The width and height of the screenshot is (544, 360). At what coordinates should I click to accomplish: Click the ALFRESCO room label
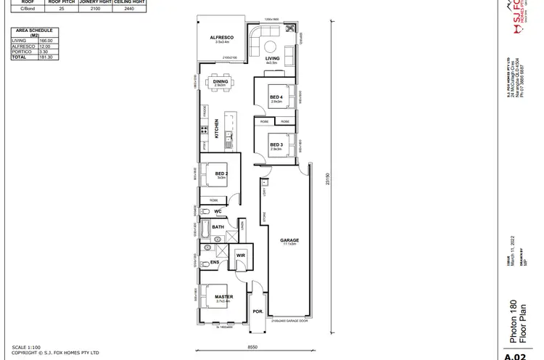(x=221, y=36)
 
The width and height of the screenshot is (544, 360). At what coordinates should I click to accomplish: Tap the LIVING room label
(x=272, y=58)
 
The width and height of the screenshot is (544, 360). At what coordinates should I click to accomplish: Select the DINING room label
(x=221, y=81)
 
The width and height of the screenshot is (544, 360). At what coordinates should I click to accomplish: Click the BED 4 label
(x=276, y=97)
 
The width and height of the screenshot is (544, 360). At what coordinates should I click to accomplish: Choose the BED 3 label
(x=276, y=144)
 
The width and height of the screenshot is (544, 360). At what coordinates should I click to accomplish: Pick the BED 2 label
(x=222, y=173)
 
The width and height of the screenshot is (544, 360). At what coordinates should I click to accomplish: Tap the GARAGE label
(x=289, y=240)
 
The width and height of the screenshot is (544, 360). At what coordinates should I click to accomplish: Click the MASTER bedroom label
(x=223, y=296)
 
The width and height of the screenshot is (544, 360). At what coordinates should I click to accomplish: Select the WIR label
(x=241, y=255)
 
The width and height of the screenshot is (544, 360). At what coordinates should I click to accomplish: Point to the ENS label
(x=215, y=261)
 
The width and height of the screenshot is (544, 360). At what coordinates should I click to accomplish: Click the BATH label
(x=218, y=227)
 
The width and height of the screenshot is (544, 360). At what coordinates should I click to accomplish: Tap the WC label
(x=217, y=211)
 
